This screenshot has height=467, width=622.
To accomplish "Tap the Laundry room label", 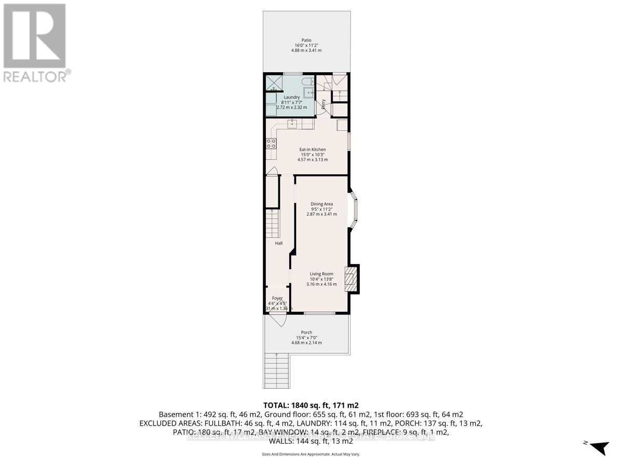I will (x=291, y=97).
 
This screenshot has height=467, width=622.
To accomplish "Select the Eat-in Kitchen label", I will (x=312, y=149).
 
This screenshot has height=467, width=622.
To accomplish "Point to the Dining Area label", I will (x=321, y=204).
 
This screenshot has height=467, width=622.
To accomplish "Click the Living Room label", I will (x=321, y=274).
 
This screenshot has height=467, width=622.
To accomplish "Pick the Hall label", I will (x=278, y=243).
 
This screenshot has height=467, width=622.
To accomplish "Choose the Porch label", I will (x=306, y=333).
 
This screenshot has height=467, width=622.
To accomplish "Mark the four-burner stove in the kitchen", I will (x=271, y=143).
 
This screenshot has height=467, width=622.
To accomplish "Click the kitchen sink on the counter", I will (x=292, y=124).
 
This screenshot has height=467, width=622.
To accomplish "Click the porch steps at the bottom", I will (x=276, y=370).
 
